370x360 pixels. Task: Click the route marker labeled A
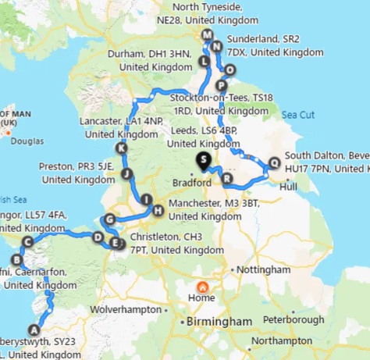[33, 329]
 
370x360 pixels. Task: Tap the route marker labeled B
[16, 259]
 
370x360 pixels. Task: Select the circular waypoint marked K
[120, 148]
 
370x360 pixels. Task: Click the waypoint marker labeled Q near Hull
[273, 163]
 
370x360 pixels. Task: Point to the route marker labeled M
[206, 35]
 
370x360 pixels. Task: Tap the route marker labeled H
[158, 209]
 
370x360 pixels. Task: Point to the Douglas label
[27, 142]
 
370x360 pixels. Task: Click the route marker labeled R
[227, 179]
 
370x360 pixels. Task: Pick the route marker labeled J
[127, 173]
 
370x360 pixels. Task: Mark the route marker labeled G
[109, 219]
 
